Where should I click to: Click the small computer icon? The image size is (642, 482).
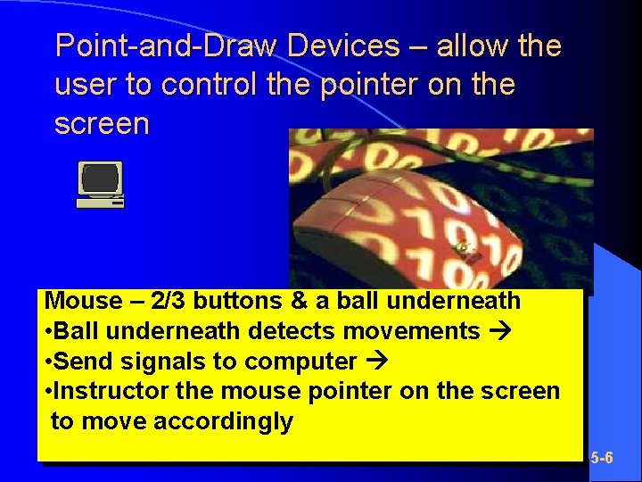tap(100, 184)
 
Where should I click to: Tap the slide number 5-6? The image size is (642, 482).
tap(603, 458)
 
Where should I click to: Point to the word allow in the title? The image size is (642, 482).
tap(470, 46)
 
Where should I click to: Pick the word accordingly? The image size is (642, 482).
tap(224, 420)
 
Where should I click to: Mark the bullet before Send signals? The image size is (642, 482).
tap(47, 361)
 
